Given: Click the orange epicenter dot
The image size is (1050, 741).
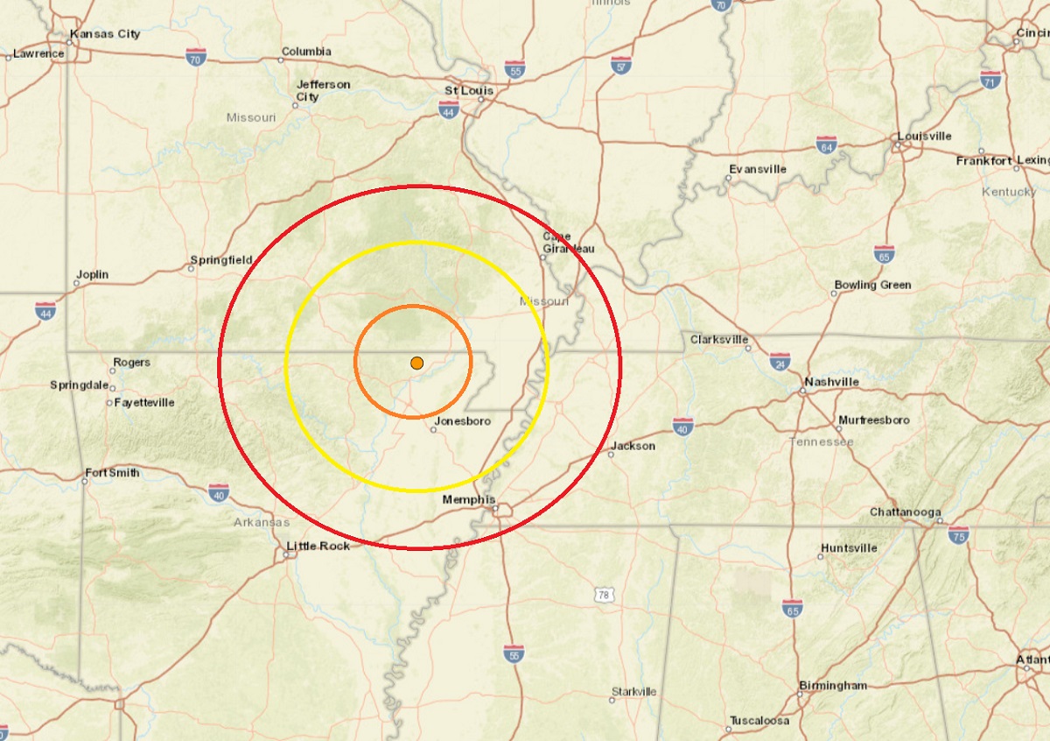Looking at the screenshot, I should [x=417, y=363].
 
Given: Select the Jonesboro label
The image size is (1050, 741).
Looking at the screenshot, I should [x=462, y=421].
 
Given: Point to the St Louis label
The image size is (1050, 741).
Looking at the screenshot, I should [x=469, y=90].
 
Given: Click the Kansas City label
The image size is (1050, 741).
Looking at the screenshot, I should [x=105, y=34].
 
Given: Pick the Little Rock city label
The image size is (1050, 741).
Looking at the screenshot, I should [x=318, y=546].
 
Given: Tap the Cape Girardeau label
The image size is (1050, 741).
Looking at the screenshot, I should [x=568, y=242].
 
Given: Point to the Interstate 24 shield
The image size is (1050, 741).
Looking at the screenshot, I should [x=781, y=360].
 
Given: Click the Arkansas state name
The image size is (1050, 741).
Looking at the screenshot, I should [x=261, y=522].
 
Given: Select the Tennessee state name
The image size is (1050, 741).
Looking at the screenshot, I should [x=822, y=441].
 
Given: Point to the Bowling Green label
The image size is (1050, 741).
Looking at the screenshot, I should [x=872, y=285].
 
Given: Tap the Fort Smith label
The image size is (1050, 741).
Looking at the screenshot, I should [x=112, y=473].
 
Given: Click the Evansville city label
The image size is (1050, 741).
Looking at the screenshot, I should [x=758, y=169].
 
